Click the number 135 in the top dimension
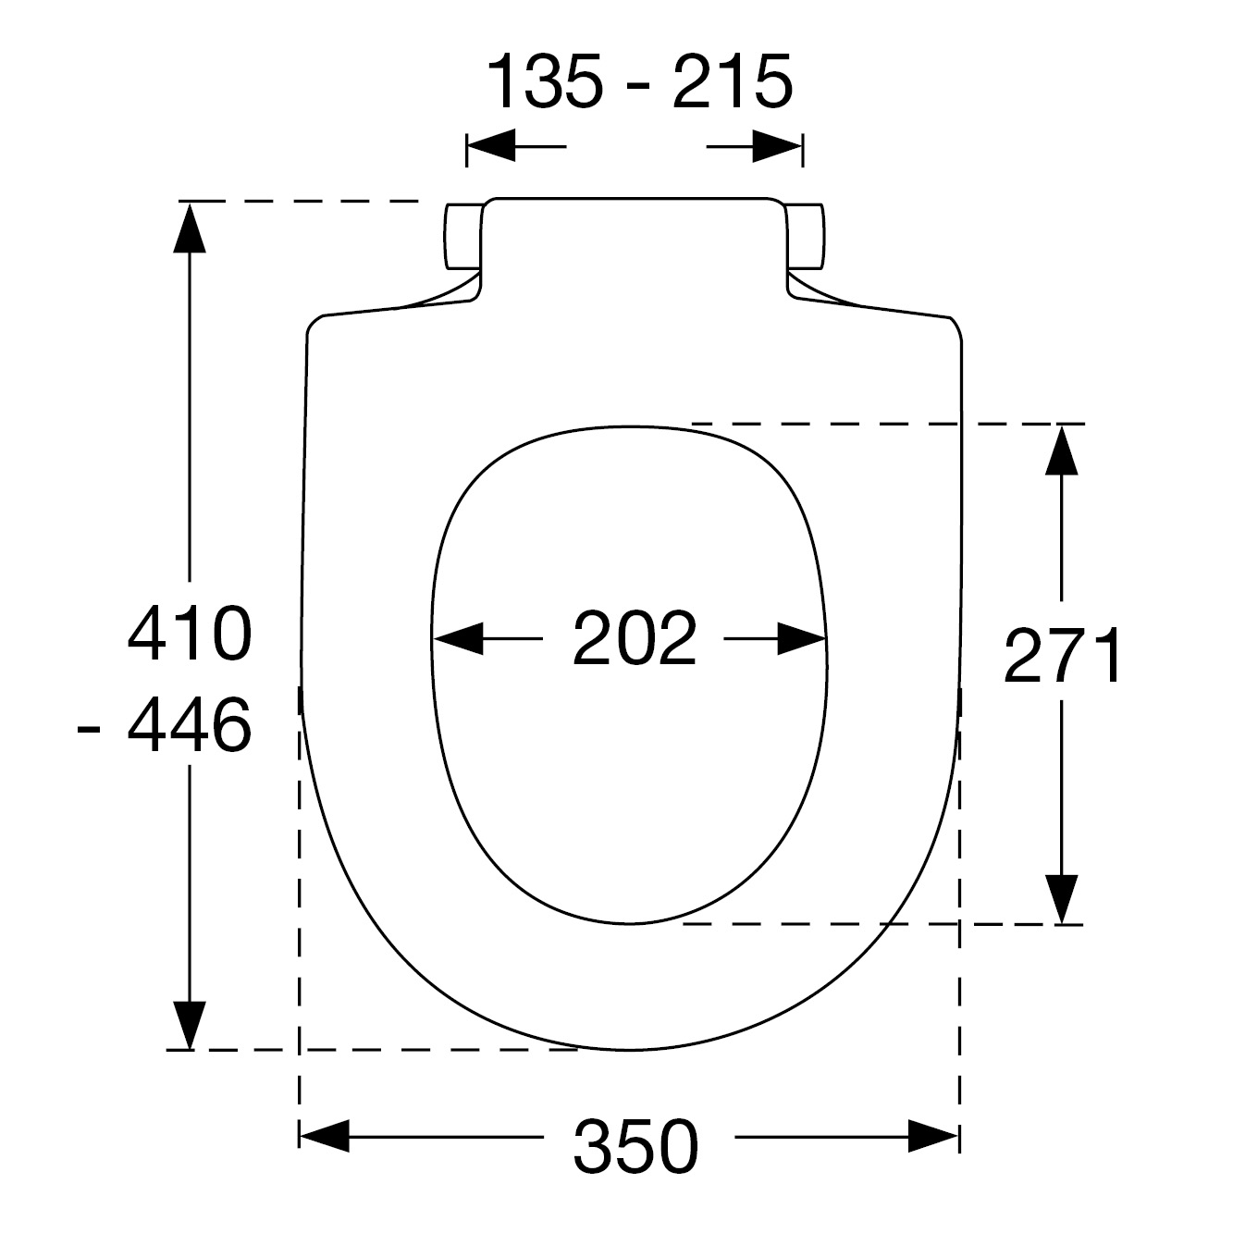[x=545, y=82]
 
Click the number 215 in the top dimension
[x=733, y=82]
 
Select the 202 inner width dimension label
[x=635, y=638]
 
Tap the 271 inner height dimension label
[x=1062, y=655]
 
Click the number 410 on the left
[x=190, y=634]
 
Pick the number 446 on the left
[x=190, y=725]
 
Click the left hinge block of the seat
[x=462, y=236]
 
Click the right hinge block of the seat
[x=806, y=236]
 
